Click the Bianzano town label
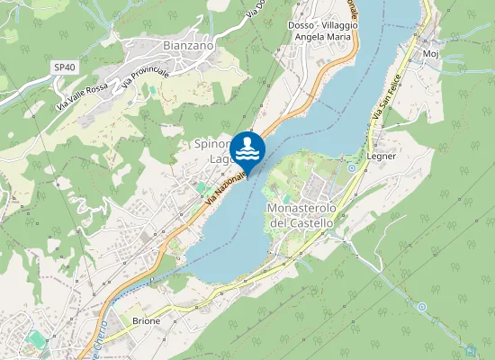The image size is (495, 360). click(188, 44)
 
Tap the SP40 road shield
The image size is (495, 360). click(63, 67)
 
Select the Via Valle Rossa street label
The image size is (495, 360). click(83, 92)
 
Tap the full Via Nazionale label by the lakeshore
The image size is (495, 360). click(226, 186)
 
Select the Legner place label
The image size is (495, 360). click(382, 156)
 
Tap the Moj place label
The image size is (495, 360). click(429, 54)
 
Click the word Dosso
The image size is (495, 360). click(300, 26)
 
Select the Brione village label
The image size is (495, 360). click(146, 320)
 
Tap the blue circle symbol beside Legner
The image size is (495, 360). click(351, 168)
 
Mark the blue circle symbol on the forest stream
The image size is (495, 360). click(422, 307)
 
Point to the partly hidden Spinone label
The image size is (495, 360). click(209, 143)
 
